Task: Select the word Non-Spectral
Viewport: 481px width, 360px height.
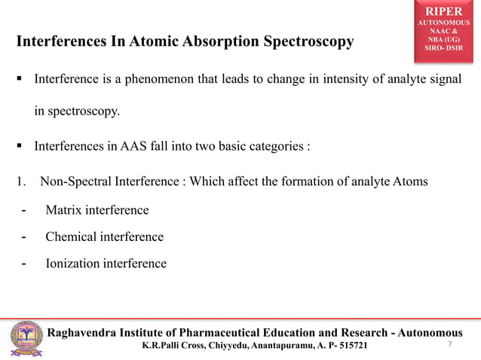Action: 76,181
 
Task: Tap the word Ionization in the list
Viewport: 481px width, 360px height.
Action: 72,264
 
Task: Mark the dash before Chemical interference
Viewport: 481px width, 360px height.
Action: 24,236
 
